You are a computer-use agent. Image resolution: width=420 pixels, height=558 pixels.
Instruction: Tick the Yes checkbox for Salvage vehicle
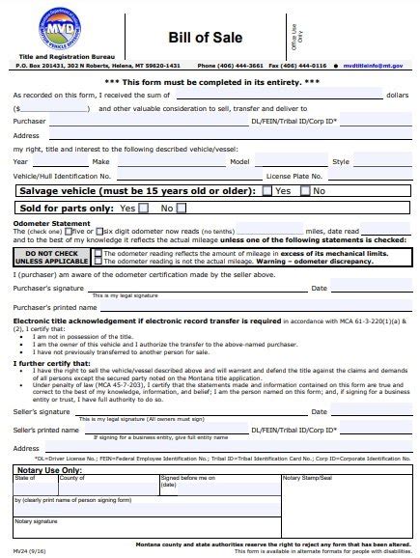coord(267,191)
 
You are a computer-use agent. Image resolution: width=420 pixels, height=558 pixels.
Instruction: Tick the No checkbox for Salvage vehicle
coord(306,191)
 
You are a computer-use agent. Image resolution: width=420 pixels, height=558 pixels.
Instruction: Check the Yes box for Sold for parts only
coord(143,208)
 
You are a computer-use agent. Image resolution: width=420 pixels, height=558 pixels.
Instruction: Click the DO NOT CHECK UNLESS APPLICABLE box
coord(51,256)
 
